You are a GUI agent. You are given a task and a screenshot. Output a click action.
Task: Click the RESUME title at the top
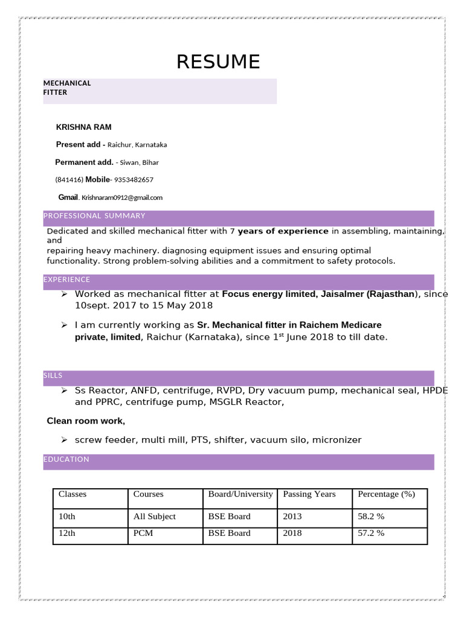pos(218,62)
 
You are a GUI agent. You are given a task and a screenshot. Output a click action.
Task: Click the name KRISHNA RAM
pos(84,127)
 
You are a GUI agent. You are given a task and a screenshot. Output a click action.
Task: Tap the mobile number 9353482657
pos(134,180)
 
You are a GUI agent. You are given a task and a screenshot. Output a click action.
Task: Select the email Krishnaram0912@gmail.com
pos(122,197)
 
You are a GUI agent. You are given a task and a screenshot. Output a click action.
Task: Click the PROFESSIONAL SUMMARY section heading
pos(94,216)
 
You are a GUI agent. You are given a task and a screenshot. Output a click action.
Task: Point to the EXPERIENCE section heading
pos(67,280)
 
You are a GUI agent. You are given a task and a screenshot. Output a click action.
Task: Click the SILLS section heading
pos(53,375)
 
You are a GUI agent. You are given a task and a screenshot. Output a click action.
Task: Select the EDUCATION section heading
pos(66,459)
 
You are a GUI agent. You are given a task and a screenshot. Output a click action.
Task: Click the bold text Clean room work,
pos(86,421)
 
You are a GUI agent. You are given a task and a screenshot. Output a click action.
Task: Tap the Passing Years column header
pos(309,494)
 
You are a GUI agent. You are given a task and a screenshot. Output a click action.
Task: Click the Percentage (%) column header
pos(386,494)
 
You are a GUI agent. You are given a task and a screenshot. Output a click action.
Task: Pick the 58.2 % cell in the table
pos(371,517)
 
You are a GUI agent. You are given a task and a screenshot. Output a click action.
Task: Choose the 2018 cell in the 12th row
pos(292,534)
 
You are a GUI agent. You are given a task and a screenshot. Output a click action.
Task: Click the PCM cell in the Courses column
pos(143,534)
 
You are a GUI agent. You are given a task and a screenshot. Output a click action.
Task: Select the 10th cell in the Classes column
pos(67,517)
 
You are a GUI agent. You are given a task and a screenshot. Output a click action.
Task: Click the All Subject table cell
pos(155,517)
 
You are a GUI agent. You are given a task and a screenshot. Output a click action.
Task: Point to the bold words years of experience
pos(283,231)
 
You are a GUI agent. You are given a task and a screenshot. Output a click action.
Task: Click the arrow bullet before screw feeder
pos(64,439)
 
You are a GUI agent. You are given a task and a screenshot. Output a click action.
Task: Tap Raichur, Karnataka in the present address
pos(137,145)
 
